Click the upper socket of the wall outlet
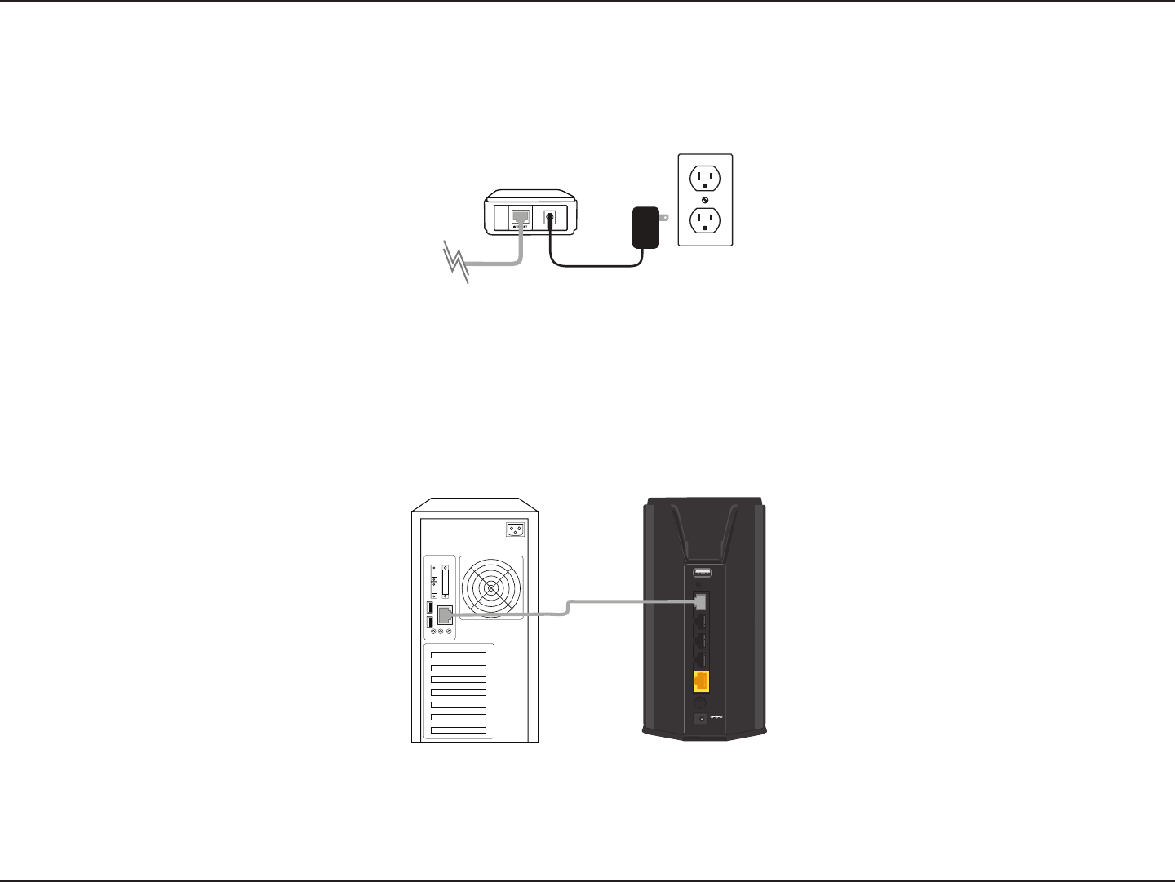point(705,177)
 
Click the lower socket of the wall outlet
point(705,220)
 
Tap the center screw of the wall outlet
point(705,199)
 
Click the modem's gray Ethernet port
point(520,216)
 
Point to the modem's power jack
point(550,218)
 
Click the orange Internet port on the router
point(700,681)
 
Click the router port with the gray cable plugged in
point(700,602)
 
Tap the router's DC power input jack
point(700,719)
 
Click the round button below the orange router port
point(700,702)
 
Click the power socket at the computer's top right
point(515,530)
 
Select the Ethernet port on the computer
point(446,615)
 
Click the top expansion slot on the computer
point(459,654)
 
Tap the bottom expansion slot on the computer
point(459,729)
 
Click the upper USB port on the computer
point(430,608)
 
